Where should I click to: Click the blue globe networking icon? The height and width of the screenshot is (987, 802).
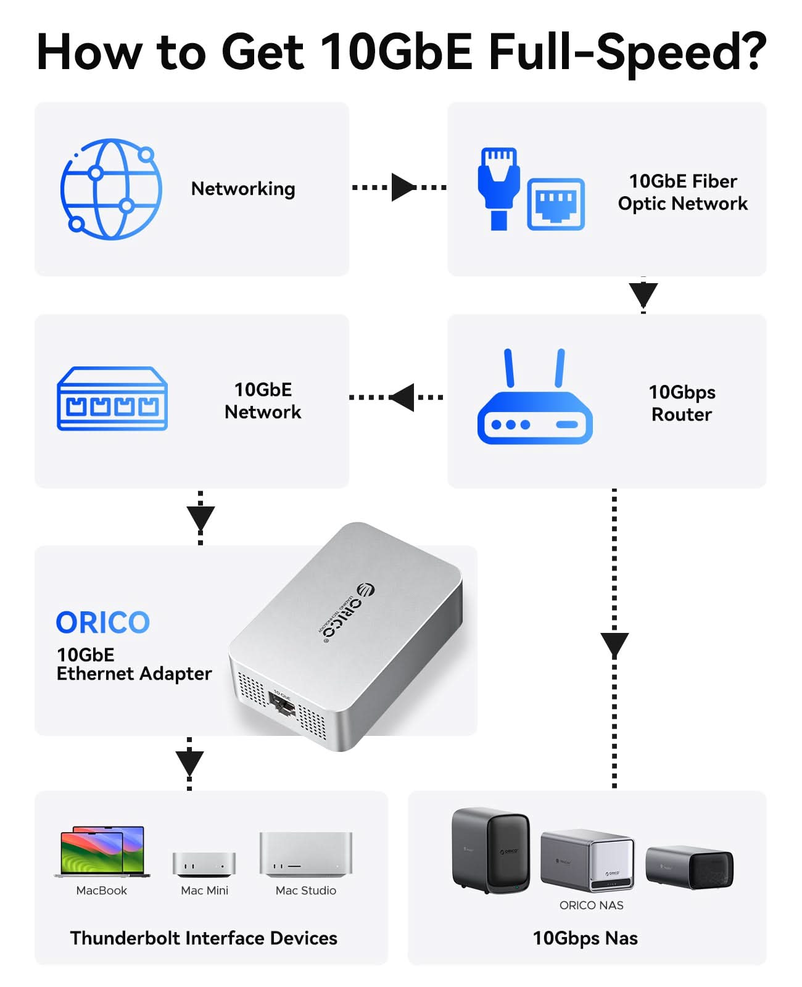[111, 189]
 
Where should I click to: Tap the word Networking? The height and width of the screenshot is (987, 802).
[243, 189]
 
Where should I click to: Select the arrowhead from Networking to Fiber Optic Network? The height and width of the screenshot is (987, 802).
[403, 187]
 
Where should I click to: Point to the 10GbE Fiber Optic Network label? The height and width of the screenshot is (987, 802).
[682, 192]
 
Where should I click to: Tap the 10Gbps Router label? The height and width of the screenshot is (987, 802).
[682, 403]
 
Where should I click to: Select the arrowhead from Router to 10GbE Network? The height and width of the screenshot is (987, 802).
[402, 397]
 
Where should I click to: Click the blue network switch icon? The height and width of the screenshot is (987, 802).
[112, 399]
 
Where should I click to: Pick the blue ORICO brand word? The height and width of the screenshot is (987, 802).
[103, 622]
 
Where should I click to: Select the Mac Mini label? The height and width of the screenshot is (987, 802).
[204, 890]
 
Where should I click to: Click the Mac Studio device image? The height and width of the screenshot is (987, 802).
[306, 854]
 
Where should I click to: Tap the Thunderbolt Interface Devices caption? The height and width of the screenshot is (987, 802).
[204, 938]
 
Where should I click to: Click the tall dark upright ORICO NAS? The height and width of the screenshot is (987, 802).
[490, 850]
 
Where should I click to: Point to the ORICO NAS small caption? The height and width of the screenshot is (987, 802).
[591, 905]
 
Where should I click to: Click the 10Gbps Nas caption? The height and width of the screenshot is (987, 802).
[585, 938]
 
